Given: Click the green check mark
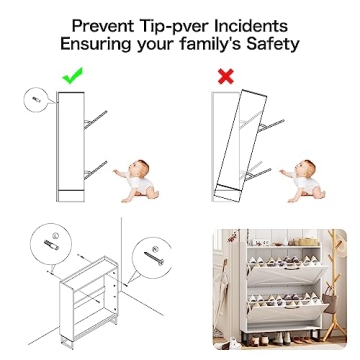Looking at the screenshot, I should click(x=71, y=75).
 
